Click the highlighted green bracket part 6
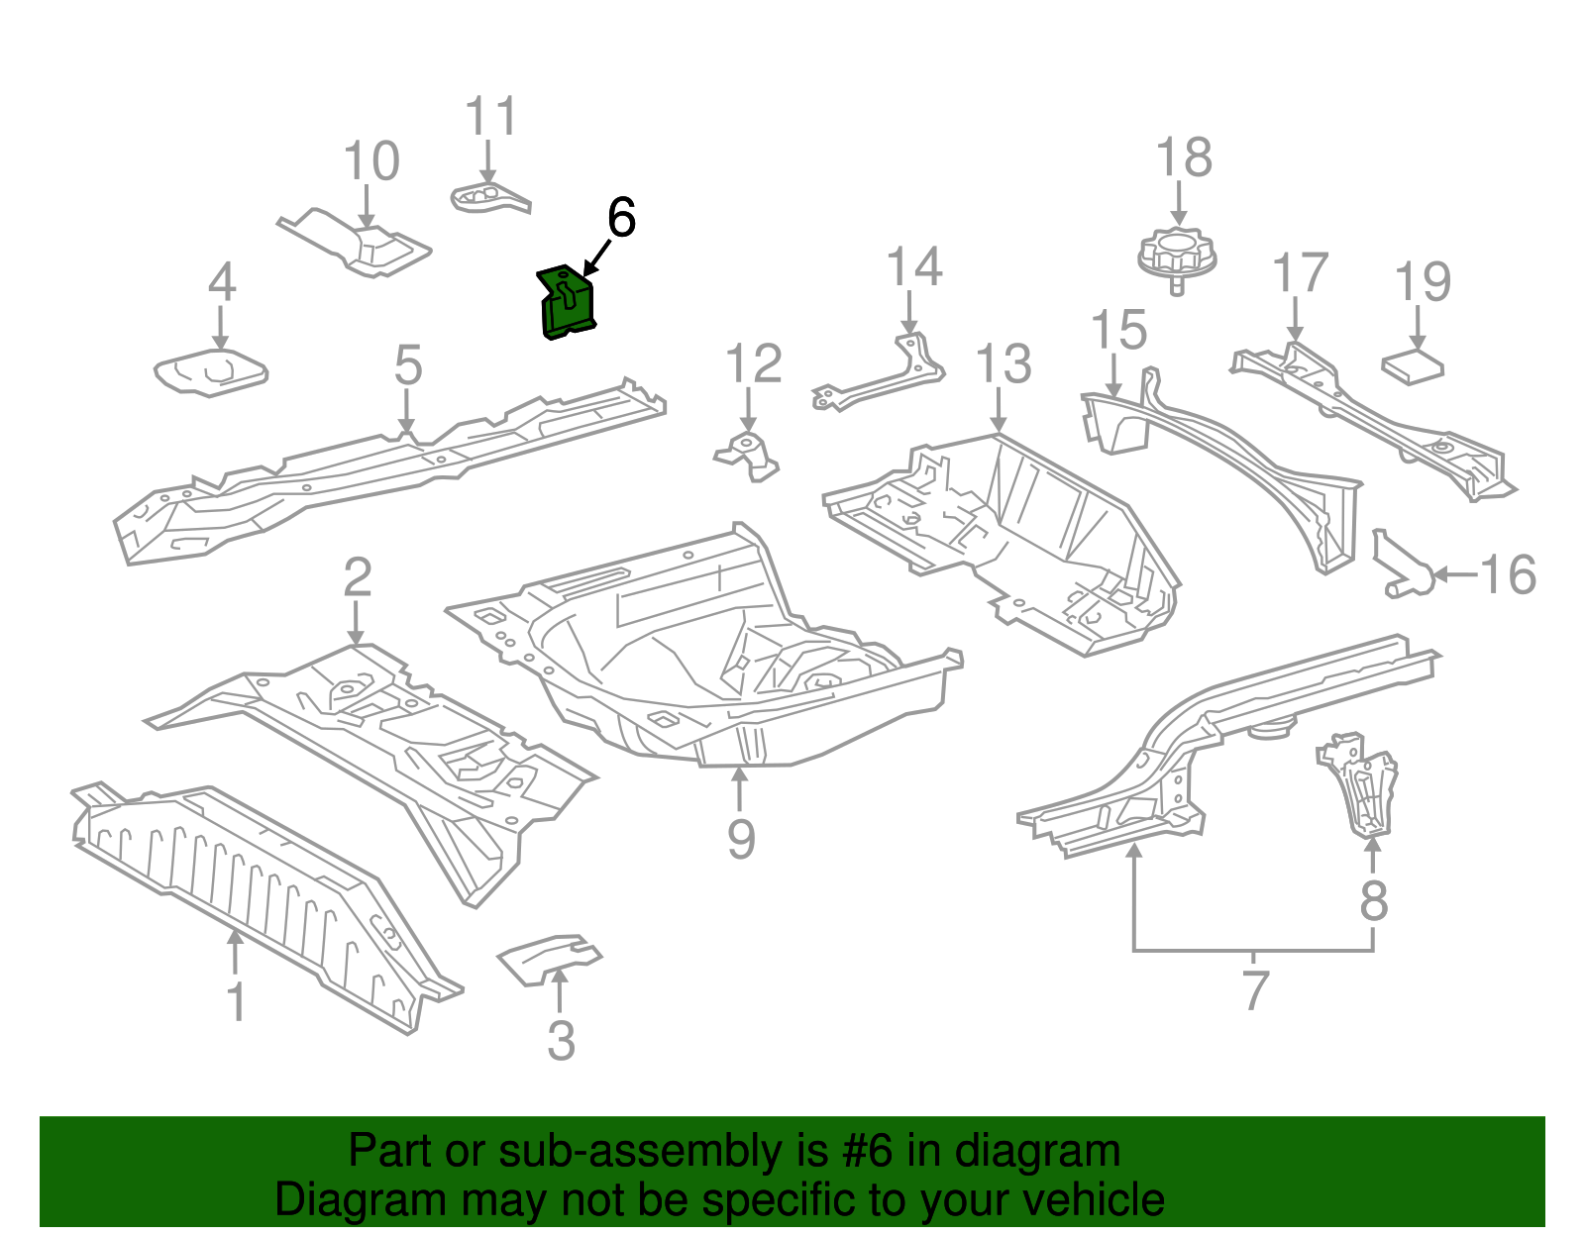click(x=568, y=303)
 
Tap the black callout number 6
click(x=621, y=218)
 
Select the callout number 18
click(x=1184, y=158)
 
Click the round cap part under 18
click(x=1177, y=256)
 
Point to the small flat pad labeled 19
click(x=1413, y=367)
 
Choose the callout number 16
click(x=1508, y=574)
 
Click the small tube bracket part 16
click(x=1402, y=567)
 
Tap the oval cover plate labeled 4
click(x=211, y=372)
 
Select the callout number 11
click(x=491, y=117)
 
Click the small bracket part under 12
click(x=749, y=456)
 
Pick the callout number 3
click(x=561, y=1041)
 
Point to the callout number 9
click(x=741, y=838)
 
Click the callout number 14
click(x=913, y=267)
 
